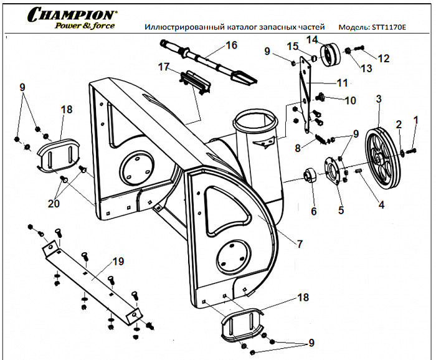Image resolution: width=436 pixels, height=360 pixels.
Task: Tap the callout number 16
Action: tap(231, 45)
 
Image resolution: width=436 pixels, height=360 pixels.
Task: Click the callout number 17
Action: tap(164, 67)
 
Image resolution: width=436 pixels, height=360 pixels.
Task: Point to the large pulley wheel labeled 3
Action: tap(384, 156)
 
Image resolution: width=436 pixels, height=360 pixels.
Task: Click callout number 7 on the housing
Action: tap(301, 244)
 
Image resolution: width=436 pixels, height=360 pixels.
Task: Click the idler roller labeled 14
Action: tap(331, 55)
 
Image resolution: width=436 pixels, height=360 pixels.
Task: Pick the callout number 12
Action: tap(384, 59)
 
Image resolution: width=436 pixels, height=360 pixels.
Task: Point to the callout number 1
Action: tap(417, 120)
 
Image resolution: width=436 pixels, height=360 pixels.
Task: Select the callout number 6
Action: tap(313, 211)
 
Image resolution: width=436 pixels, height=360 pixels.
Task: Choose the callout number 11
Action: tap(342, 83)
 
